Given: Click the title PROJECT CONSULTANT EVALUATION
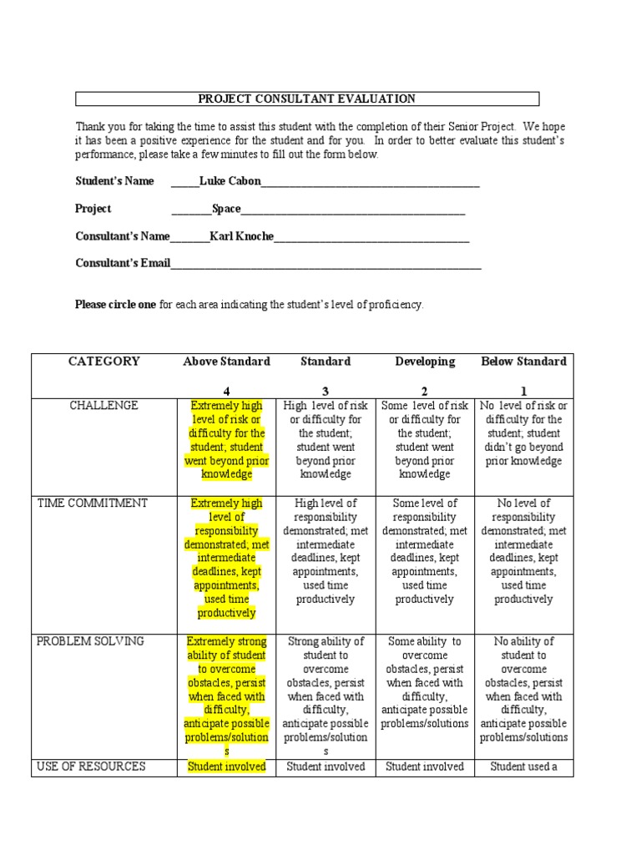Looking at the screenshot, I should [306, 99].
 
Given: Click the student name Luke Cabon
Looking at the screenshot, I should [230, 181].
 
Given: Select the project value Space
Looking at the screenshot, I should [226, 209].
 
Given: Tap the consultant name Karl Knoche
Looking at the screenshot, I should [241, 236].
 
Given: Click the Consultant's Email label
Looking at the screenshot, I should [123, 263].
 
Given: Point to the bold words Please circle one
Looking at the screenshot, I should [115, 305].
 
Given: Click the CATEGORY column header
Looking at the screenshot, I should [104, 362].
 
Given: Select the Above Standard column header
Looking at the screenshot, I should [226, 362].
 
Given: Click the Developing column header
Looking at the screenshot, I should [425, 362].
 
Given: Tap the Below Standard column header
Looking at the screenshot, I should [523, 362].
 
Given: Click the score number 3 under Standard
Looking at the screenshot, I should [326, 391].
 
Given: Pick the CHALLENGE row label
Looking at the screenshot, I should [104, 406].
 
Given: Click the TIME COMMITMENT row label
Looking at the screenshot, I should [93, 503].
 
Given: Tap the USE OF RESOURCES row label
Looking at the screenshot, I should [92, 766].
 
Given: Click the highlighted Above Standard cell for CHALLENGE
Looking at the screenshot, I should [226, 440].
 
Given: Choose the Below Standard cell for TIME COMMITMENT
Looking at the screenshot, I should [523, 551].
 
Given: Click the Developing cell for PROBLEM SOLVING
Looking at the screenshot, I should [425, 683].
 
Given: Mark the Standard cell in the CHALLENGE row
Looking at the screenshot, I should [326, 440].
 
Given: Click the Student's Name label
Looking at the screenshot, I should [114, 181].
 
